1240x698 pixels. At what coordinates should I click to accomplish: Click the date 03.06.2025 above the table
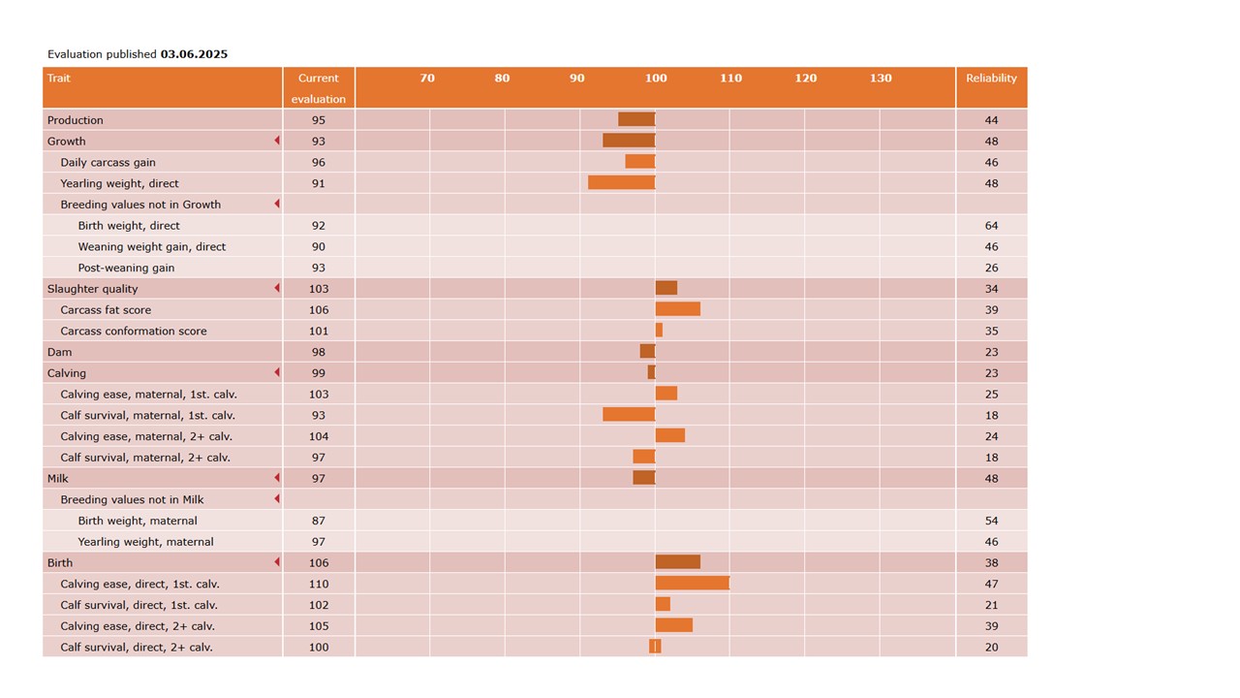(x=194, y=54)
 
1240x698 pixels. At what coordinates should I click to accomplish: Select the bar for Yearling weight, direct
(x=621, y=183)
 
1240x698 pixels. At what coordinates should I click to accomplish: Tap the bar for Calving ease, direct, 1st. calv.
(x=692, y=584)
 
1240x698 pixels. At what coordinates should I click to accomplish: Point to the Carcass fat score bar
(x=677, y=309)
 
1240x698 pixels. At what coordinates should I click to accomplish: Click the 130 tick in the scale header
(x=880, y=79)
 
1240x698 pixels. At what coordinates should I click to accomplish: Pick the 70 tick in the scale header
(x=427, y=79)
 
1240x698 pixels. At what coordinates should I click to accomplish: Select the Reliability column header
(x=991, y=79)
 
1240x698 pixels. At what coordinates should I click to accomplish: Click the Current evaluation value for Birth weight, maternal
(x=319, y=521)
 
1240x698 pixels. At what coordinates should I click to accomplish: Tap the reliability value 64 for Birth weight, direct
(x=991, y=226)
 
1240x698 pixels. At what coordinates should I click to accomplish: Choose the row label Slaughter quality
(x=93, y=289)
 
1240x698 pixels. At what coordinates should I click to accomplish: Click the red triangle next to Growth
(x=277, y=142)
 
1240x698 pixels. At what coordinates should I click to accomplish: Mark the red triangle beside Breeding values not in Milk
(x=277, y=499)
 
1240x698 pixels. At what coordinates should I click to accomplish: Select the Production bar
(x=636, y=120)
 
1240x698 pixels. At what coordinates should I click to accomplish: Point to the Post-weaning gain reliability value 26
(x=991, y=268)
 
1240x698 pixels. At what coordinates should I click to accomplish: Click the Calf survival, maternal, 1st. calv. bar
(x=629, y=415)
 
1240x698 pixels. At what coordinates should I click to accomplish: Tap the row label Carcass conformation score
(x=134, y=331)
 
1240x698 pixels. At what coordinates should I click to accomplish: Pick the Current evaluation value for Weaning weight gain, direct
(x=319, y=247)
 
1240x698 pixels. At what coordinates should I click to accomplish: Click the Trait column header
(x=59, y=79)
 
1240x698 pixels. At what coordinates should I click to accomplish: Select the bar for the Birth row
(x=677, y=562)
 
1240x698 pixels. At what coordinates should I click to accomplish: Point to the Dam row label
(x=60, y=352)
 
